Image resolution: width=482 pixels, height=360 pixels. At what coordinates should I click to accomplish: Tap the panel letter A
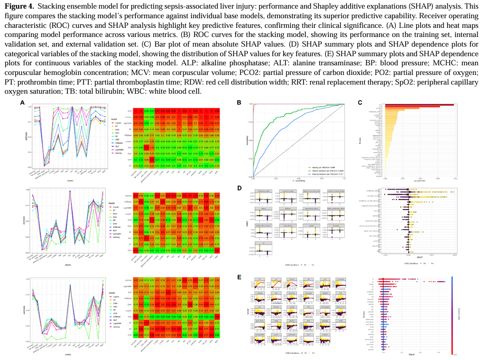[22, 102]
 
